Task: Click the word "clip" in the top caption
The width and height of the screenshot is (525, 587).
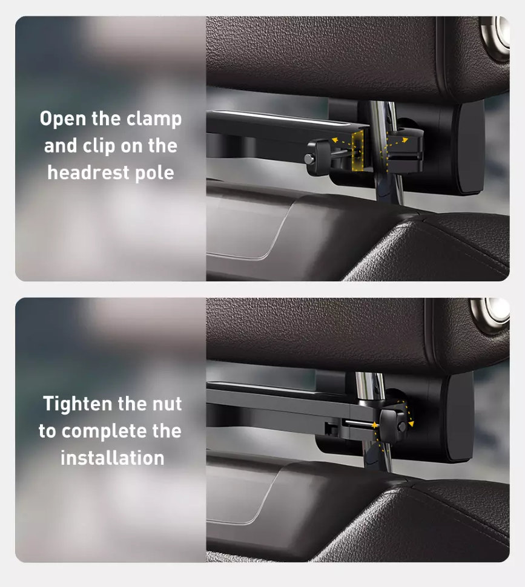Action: click(x=99, y=146)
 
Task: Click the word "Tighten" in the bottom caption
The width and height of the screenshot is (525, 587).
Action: click(x=78, y=404)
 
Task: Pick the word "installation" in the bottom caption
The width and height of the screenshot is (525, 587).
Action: click(x=113, y=458)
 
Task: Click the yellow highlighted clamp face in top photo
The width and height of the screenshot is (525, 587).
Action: click(x=358, y=149)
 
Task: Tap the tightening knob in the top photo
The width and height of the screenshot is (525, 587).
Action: click(x=317, y=157)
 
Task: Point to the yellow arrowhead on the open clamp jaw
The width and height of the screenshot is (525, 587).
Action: click(x=404, y=140)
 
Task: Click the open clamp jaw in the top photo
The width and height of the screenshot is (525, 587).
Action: click(x=404, y=149)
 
